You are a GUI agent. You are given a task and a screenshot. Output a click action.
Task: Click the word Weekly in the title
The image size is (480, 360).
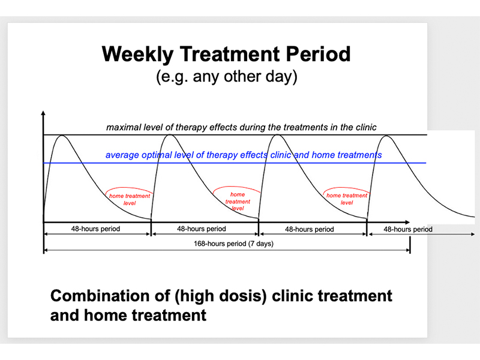(x=138, y=55)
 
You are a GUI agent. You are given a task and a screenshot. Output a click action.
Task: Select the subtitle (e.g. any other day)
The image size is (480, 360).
(x=227, y=77)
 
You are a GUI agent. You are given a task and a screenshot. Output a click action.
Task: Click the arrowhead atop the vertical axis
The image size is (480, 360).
(x=43, y=113)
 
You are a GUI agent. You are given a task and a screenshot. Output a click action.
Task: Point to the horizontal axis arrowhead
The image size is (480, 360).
(x=407, y=222)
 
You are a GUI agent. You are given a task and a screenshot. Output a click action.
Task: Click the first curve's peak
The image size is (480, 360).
(x=62, y=136)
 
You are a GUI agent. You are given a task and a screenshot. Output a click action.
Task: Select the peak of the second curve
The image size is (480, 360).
(x=170, y=135)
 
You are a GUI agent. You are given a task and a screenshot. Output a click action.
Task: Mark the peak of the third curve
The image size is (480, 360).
(x=277, y=135)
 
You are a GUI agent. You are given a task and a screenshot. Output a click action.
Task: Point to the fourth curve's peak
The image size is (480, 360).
(x=386, y=136)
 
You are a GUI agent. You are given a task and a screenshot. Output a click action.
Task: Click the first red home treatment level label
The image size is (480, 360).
(x=130, y=199)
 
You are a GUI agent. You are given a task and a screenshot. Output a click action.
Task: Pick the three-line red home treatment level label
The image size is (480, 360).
(x=238, y=202)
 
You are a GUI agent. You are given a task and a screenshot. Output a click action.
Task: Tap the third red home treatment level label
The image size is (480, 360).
(x=347, y=199)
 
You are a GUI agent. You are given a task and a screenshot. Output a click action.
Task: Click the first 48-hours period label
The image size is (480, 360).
(x=95, y=229)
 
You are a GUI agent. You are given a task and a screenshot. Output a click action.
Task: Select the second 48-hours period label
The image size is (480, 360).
(x=202, y=229)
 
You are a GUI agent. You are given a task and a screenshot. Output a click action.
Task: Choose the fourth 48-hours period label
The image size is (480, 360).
(x=408, y=229)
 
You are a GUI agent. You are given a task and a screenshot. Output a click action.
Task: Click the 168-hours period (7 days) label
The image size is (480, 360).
(x=233, y=244)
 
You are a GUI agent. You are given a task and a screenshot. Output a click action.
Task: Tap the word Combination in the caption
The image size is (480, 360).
(x=110, y=296)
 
